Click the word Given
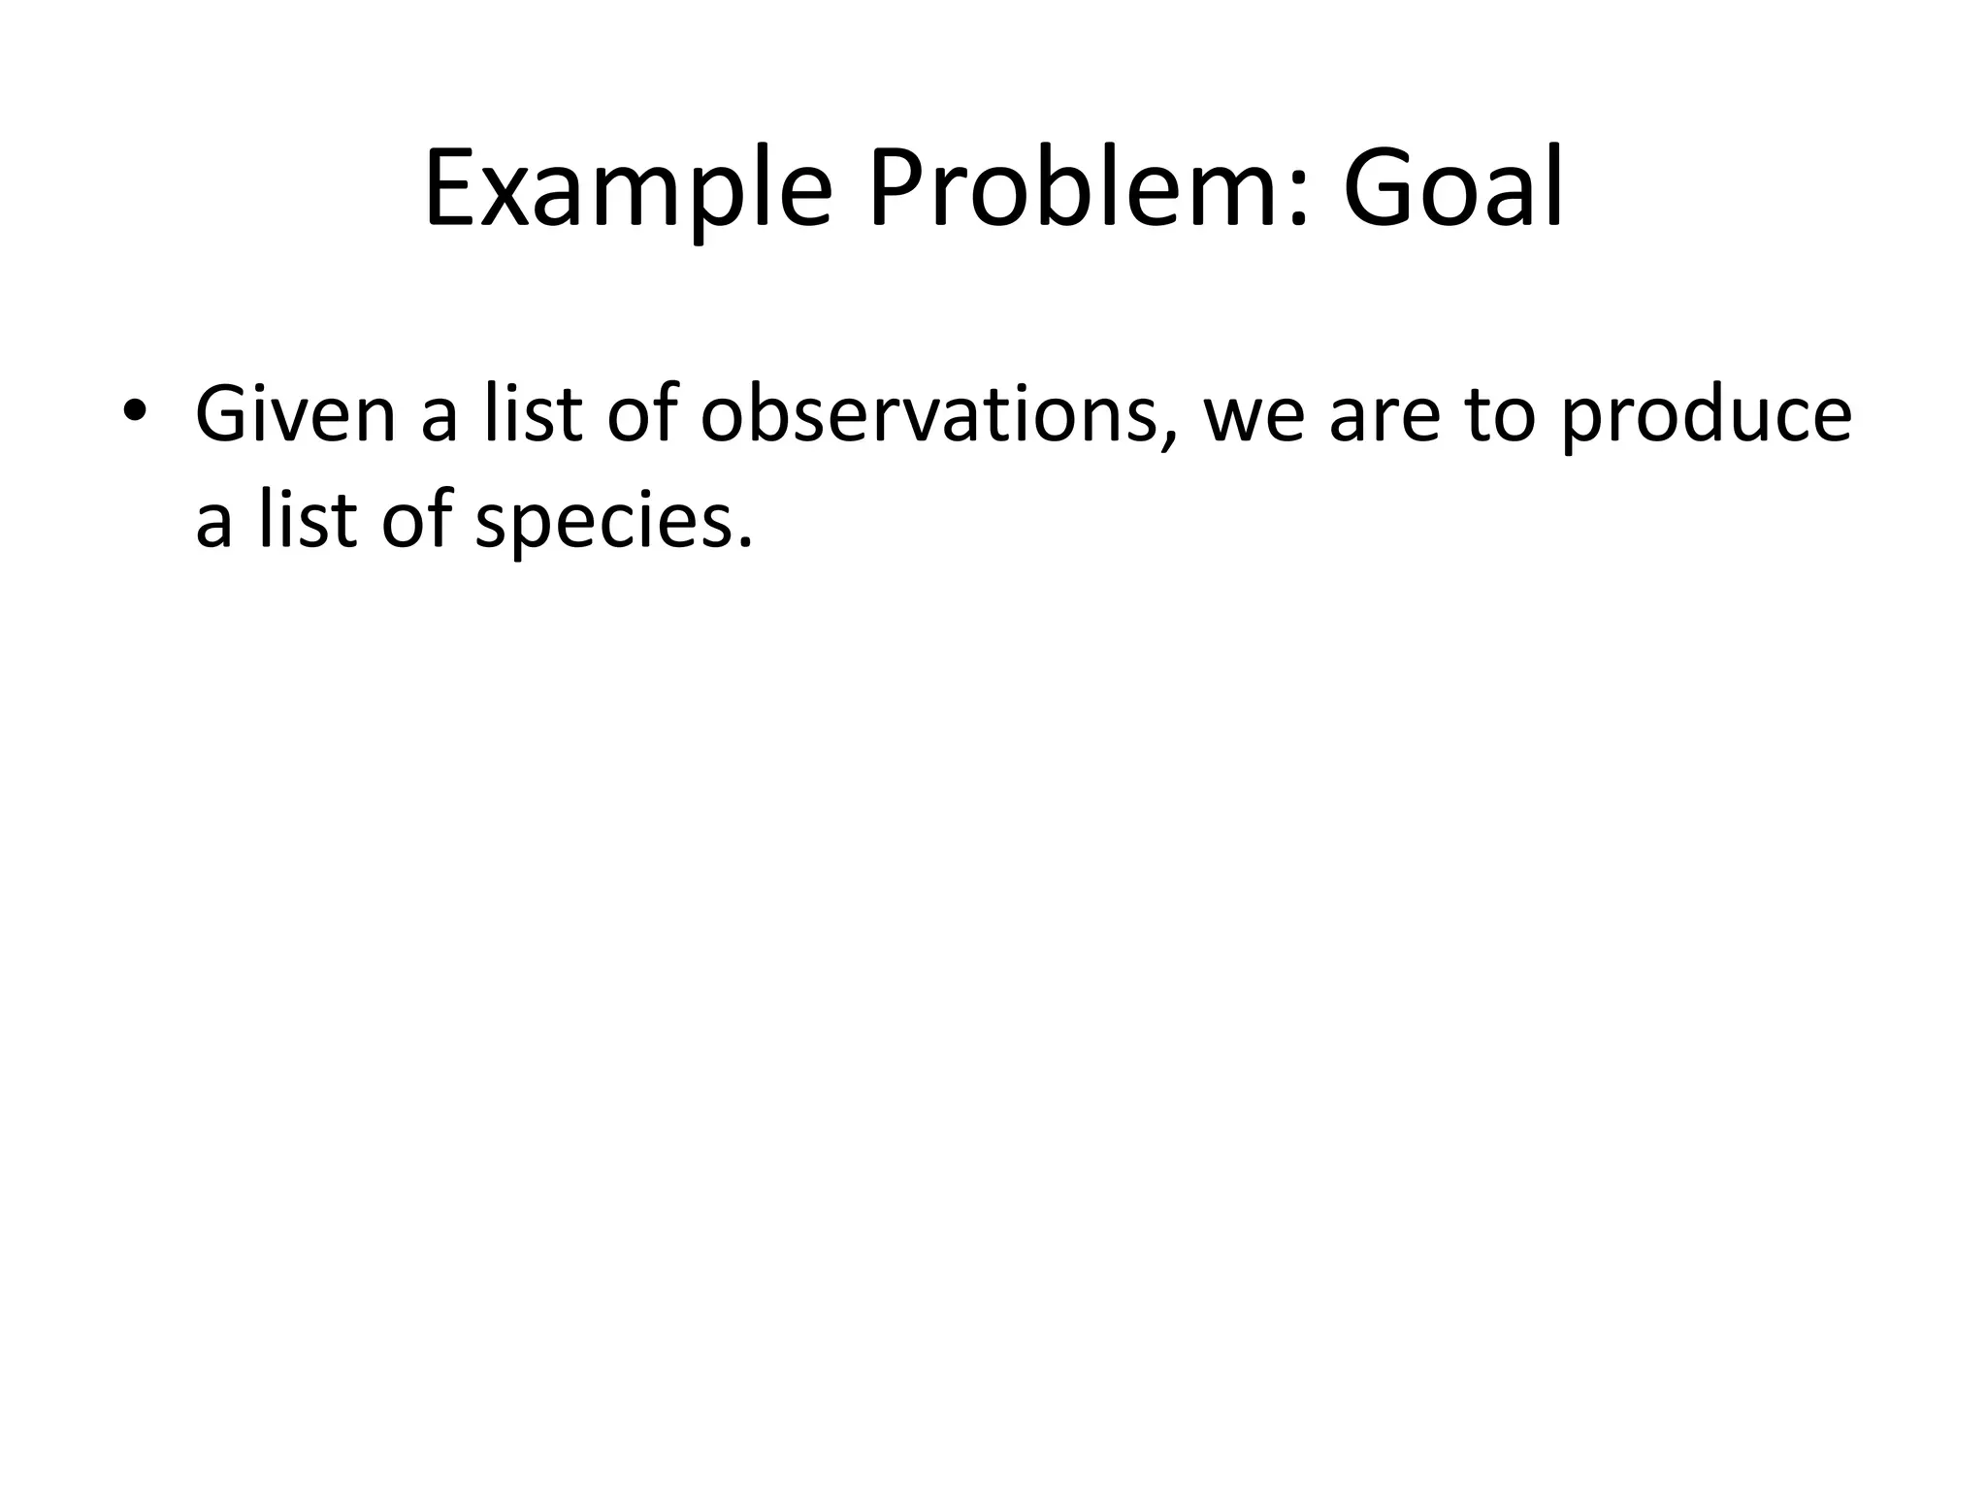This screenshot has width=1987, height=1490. (x=296, y=414)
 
